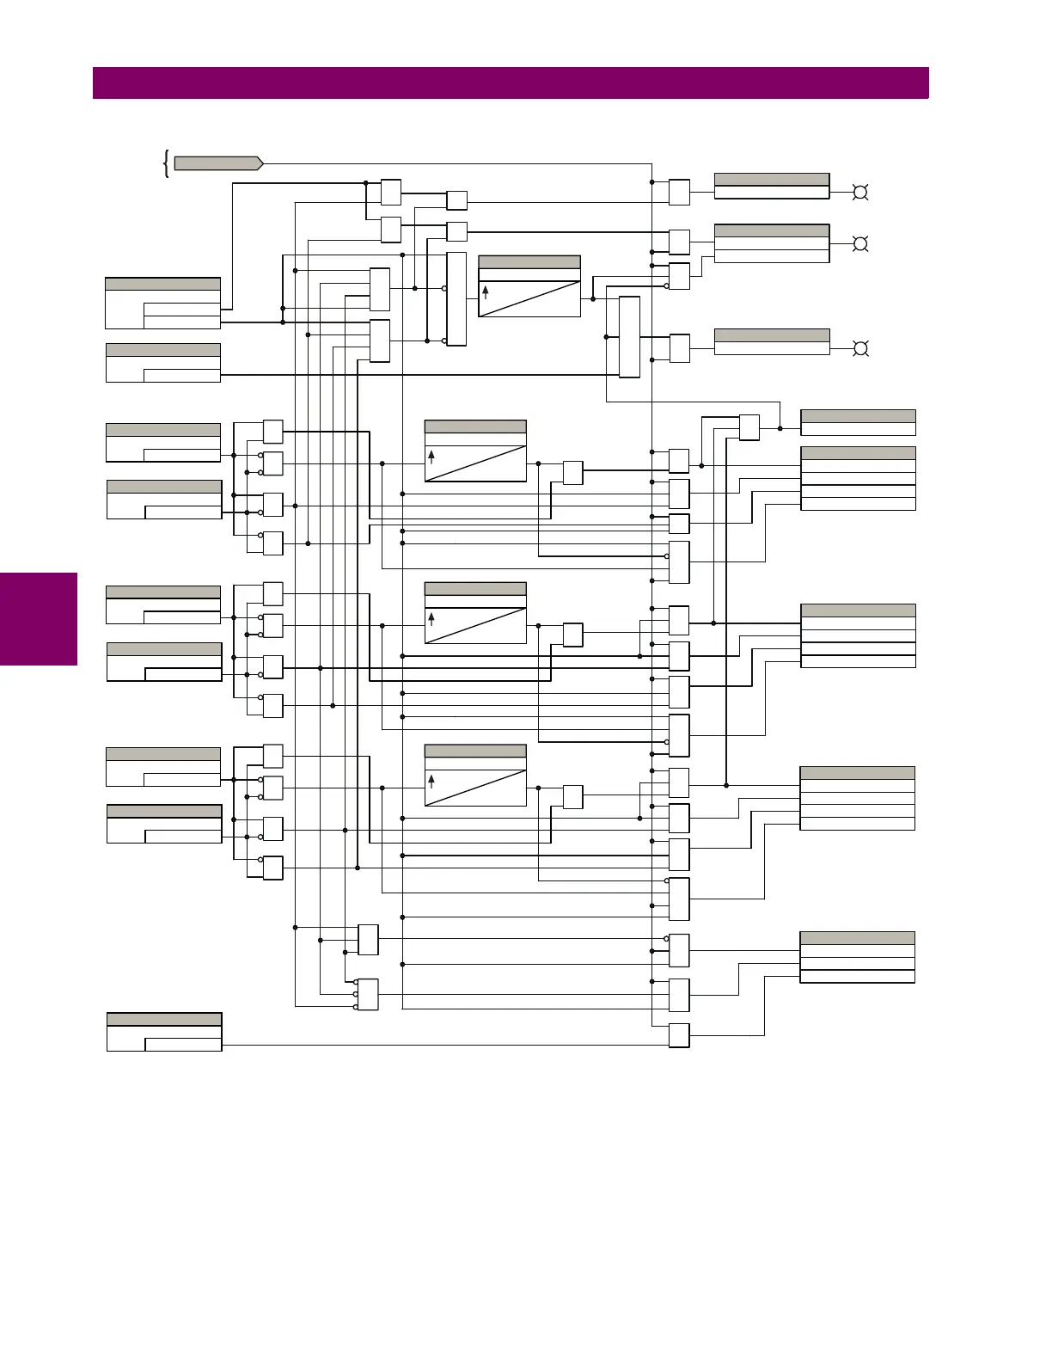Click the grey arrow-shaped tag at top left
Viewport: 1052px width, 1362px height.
218,163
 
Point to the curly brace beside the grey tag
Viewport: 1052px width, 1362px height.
165,163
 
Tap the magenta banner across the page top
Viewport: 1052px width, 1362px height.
511,83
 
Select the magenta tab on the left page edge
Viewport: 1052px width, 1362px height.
39,619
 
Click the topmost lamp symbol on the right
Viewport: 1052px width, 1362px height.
859,193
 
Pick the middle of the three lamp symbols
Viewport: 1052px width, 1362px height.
859,244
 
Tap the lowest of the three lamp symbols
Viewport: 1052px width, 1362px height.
859,348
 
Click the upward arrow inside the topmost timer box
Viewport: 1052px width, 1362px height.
486,292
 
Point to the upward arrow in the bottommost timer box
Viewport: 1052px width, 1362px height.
431,781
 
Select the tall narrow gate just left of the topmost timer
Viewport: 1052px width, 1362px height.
456,299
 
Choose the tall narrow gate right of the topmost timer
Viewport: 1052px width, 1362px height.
629,337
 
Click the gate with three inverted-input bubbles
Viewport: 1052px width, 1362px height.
368,995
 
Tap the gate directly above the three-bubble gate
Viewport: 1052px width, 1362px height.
368,940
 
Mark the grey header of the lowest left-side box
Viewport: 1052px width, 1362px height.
164,1020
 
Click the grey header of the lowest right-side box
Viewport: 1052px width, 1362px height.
857,938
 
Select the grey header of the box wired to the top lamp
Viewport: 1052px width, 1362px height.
772,180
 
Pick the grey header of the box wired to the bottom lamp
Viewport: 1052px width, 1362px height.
772,335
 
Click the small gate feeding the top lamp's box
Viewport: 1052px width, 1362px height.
679,193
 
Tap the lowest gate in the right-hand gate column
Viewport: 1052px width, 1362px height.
679,1036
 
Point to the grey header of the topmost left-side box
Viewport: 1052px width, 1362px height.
162,285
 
